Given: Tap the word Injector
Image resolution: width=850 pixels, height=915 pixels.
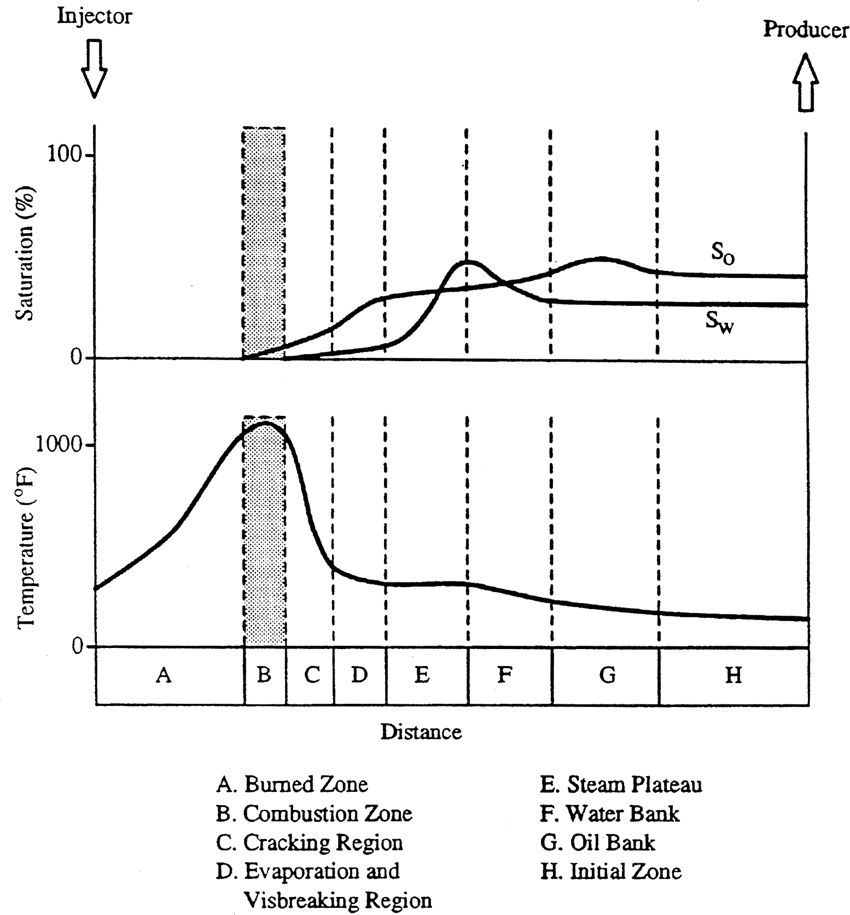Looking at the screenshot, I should tap(95, 16).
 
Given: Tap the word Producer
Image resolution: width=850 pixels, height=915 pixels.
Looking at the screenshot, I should tap(805, 30).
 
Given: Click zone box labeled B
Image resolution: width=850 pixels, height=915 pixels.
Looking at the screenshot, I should tap(264, 675).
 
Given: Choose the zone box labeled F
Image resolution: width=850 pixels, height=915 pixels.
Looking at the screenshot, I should tap(504, 675).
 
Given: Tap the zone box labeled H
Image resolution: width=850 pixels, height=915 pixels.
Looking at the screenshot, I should tap(733, 675).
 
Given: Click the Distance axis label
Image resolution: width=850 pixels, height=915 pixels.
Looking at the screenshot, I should tap(421, 732).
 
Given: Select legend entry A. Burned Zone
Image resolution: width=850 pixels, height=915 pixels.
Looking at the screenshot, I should tap(292, 784).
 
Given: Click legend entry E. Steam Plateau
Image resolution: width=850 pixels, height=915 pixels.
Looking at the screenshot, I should tap(621, 784).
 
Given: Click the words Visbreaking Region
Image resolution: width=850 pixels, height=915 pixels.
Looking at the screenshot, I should tap(337, 900).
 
